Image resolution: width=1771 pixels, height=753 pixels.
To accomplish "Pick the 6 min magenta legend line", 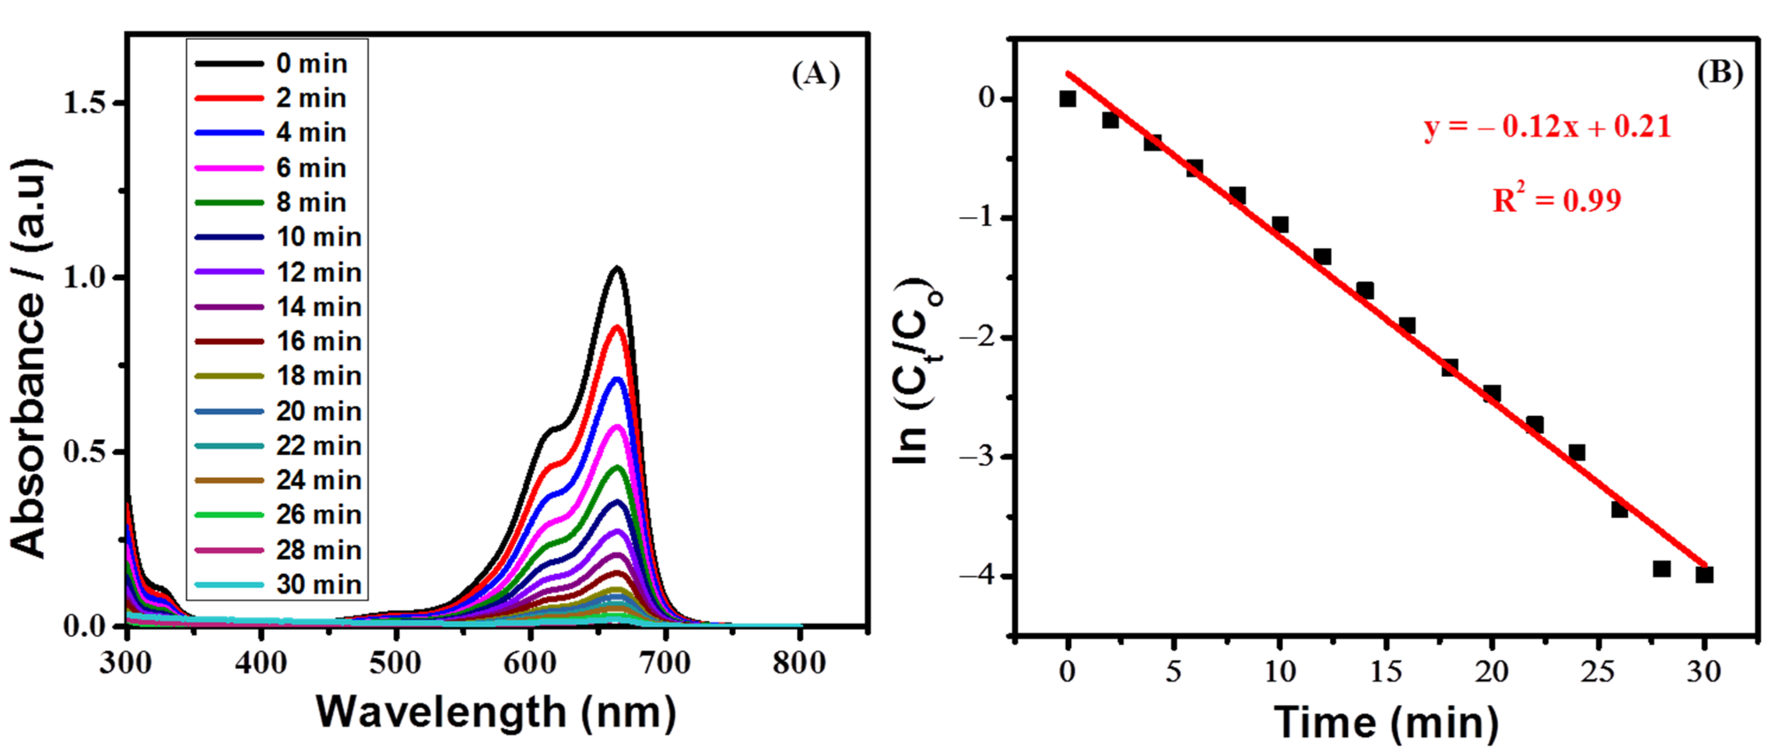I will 229,168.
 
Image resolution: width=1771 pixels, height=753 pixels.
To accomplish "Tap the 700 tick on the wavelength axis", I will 664,663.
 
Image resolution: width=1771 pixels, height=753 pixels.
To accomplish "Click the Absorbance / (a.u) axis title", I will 29,357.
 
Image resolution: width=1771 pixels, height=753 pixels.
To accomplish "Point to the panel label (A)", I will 815,74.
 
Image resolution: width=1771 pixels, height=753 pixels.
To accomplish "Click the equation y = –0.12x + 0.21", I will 1547,127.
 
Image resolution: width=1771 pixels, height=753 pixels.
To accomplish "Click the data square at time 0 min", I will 1067,99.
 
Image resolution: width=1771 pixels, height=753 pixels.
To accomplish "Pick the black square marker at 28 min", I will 1661,569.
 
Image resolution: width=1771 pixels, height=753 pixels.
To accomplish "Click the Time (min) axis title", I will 1385,723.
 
